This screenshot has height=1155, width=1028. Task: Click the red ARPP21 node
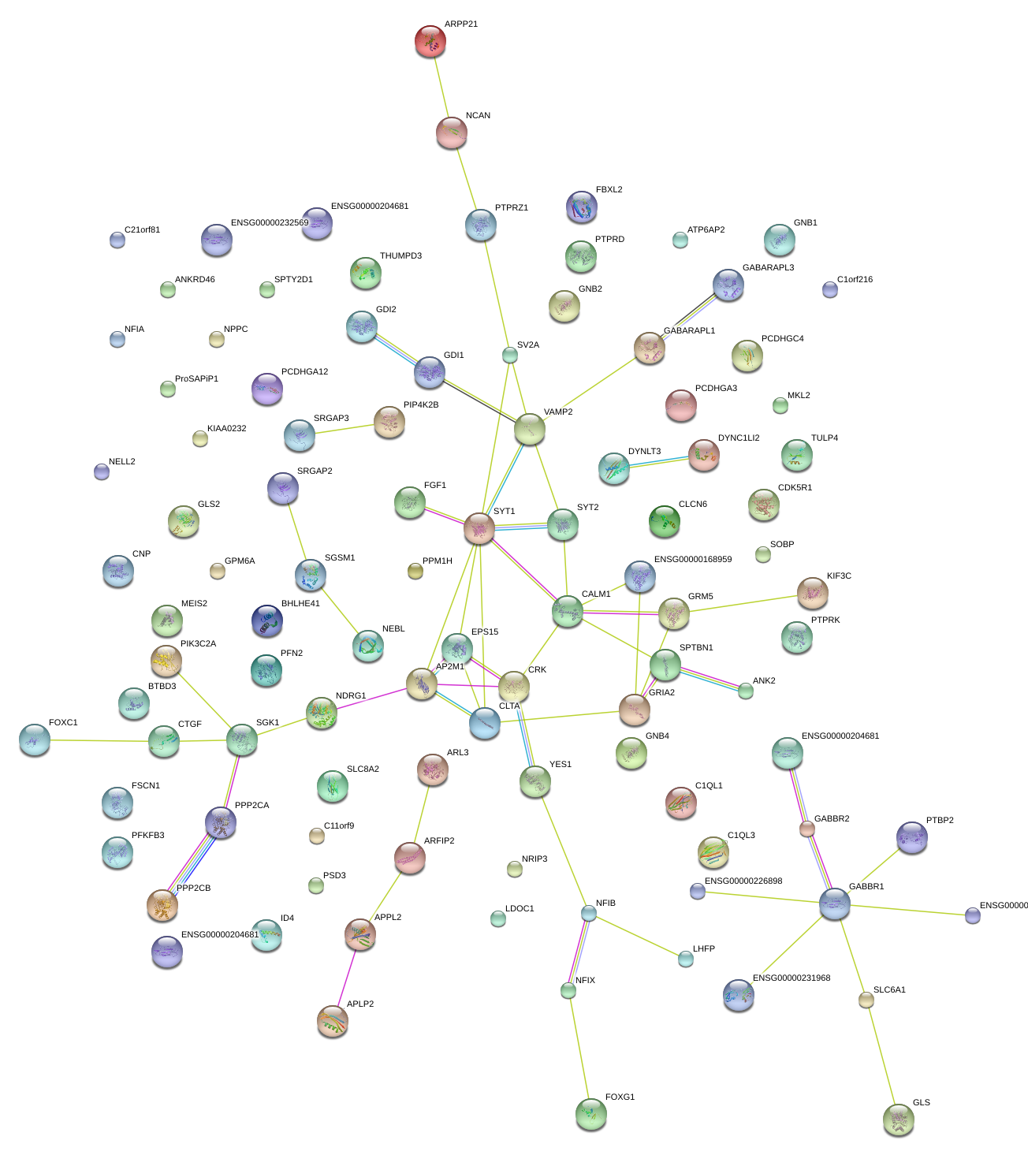(430, 41)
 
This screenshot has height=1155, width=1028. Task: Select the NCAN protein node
(451, 132)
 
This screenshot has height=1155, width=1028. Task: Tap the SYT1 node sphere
(479, 527)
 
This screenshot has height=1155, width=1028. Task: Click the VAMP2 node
(529, 429)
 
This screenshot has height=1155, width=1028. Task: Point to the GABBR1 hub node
(834, 903)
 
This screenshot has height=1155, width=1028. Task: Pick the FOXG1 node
(591, 1113)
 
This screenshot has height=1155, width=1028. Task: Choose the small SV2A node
(510, 355)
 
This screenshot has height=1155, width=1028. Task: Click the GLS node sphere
(898, 1118)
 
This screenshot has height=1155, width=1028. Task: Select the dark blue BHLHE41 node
(266, 620)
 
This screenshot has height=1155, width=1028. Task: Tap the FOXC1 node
(34, 739)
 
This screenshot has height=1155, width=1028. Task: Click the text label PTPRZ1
(511, 208)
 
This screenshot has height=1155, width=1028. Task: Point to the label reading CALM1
(595, 594)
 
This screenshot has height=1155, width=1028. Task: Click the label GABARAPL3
(768, 268)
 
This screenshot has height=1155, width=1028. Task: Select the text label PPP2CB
(193, 889)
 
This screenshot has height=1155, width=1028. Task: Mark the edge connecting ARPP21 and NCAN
(441, 87)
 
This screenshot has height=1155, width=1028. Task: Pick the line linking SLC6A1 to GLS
(881, 1056)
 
